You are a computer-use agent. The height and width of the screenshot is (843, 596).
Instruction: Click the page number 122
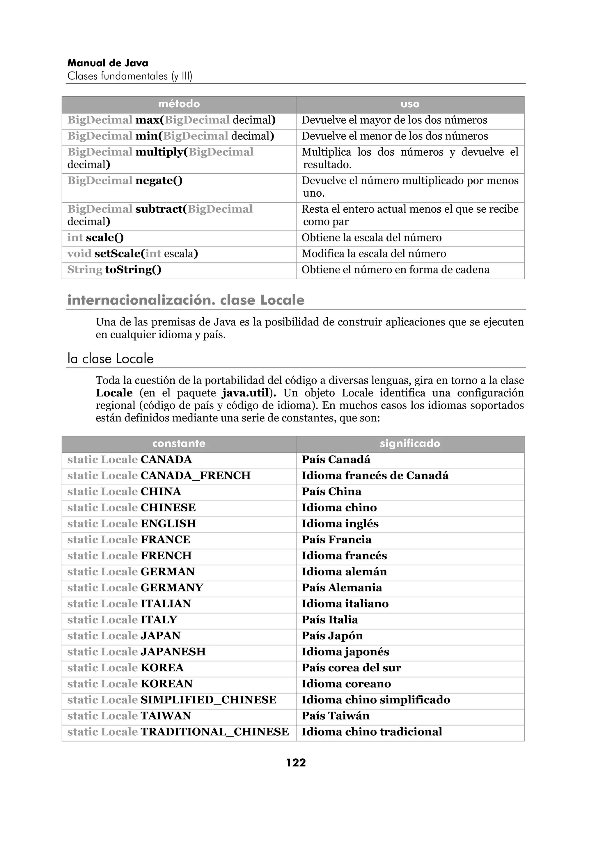click(x=296, y=763)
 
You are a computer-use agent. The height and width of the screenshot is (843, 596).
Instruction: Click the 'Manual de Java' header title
click(x=108, y=63)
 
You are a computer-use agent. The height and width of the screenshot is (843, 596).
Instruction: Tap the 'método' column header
click(x=179, y=104)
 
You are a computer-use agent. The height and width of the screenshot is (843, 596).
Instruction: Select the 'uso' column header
click(x=410, y=104)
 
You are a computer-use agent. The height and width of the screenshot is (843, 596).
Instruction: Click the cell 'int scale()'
click(x=95, y=238)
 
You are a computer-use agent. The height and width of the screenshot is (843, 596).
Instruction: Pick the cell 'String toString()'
click(x=114, y=269)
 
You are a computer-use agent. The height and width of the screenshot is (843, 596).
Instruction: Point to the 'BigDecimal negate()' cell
click(x=125, y=181)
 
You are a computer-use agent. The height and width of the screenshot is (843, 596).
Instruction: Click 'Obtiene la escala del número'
click(x=371, y=238)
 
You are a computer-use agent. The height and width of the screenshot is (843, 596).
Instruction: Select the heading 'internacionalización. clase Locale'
click(x=186, y=300)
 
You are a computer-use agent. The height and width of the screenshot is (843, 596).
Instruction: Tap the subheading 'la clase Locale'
click(x=110, y=358)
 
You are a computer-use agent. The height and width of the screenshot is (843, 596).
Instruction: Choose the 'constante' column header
click(x=179, y=444)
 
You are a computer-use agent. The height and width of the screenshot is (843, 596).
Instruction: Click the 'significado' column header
click(x=410, y=444)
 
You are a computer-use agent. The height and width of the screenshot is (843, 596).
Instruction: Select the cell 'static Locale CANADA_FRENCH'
click(x=159, y=476)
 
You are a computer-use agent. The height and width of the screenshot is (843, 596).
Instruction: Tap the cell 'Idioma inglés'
click(x=340, y=524)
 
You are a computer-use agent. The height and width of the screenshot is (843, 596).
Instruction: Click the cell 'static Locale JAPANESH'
click(x=136, y=652)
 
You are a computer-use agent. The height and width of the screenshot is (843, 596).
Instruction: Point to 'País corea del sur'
click(x=351, y=668)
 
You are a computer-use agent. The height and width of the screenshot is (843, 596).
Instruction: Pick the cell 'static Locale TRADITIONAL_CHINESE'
click(x=178, y=732)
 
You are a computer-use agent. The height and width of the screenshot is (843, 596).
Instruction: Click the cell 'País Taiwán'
click(x=335, y=716)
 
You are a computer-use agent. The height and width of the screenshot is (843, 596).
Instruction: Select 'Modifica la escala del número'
click(x=373, y=254)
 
